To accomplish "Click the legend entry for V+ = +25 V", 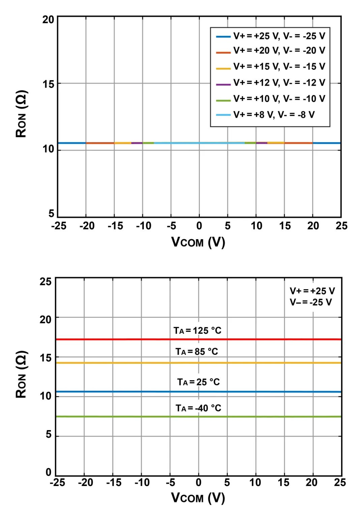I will point(279,36).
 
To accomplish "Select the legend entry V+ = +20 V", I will point(279,51).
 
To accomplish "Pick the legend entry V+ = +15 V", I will point(279,66).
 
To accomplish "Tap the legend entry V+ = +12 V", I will point(279,83).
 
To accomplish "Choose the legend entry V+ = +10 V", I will point(279,99).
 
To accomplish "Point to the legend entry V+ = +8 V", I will point(274,115).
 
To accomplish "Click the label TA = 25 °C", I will point(199,382).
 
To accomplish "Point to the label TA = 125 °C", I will point(198,330).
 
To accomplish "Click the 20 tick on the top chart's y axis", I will point(48,20).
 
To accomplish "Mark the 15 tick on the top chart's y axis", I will point(48,84).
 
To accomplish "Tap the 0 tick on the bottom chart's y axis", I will point(49,472).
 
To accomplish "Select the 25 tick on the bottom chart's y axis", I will point(45,281).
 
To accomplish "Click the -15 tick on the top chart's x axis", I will point(115,226).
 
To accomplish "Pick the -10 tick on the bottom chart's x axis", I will point(142,483).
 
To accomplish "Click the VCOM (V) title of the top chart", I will point(198,242).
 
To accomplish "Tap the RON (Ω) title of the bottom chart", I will point(21,374).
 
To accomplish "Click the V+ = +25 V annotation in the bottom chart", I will point(312,291).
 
